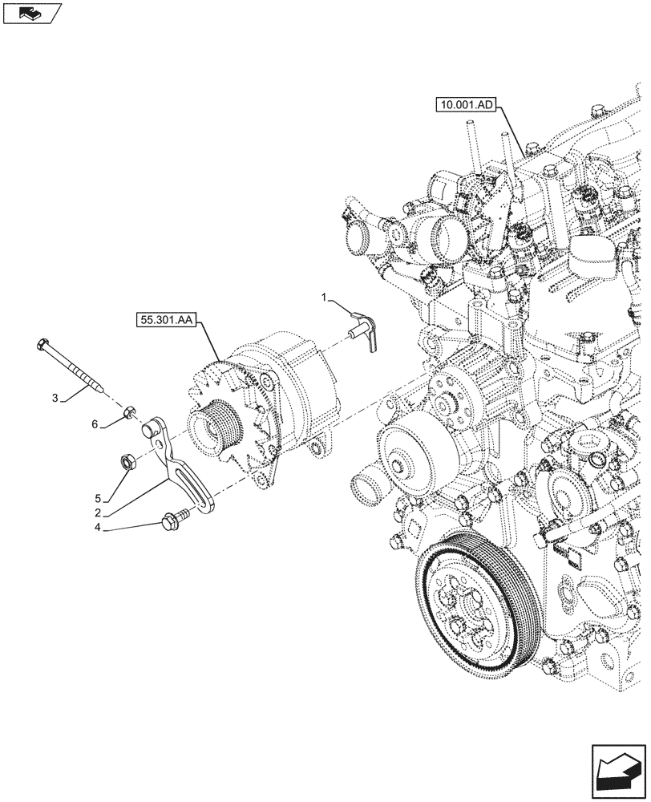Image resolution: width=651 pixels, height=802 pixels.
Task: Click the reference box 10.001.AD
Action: click(467, 105)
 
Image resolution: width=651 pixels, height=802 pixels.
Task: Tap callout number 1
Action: click(325, 298)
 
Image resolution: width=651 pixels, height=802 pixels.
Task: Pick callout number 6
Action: click(95, 424)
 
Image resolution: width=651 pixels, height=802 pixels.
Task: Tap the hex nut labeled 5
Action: click(127, 461)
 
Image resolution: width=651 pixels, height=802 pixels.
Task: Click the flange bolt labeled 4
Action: click(173, 522)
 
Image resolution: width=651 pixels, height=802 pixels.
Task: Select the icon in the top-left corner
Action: click(31, 13)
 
